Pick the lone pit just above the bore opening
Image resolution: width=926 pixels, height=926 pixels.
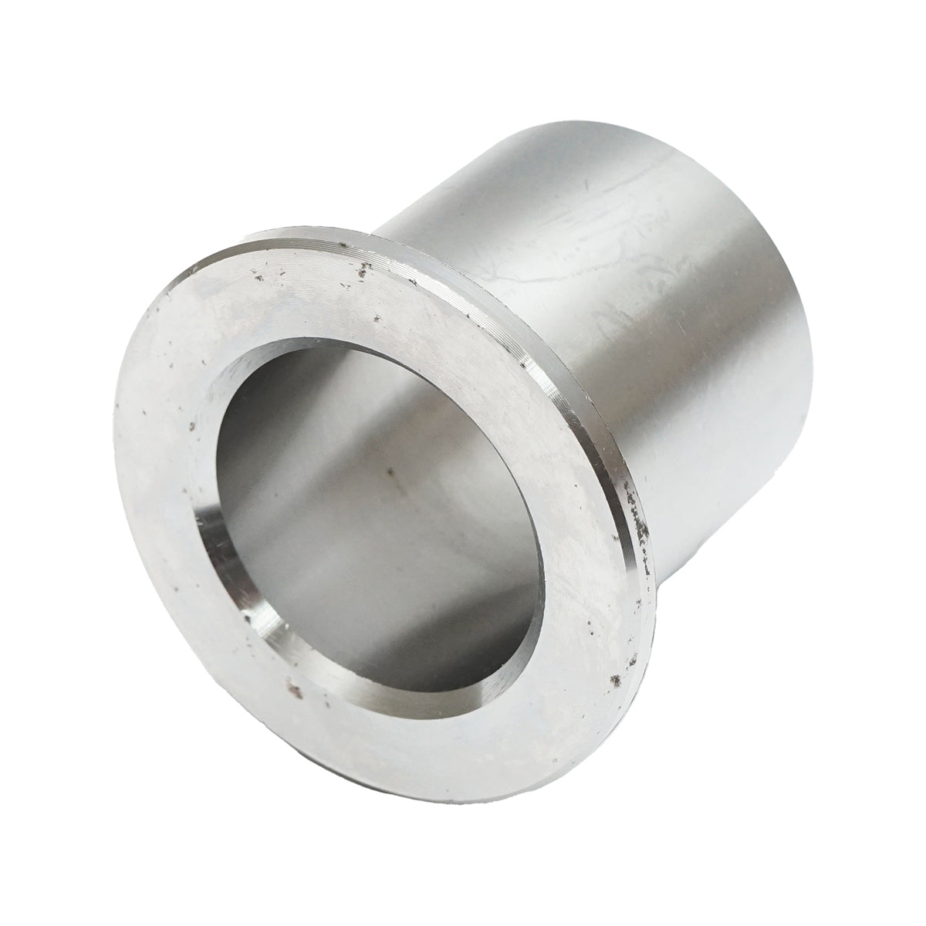375,319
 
